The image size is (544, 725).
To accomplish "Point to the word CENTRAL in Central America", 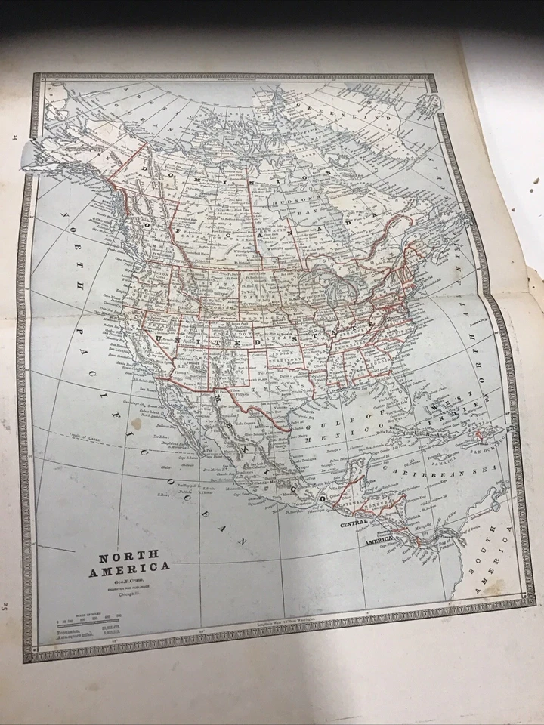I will (354, 523).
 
